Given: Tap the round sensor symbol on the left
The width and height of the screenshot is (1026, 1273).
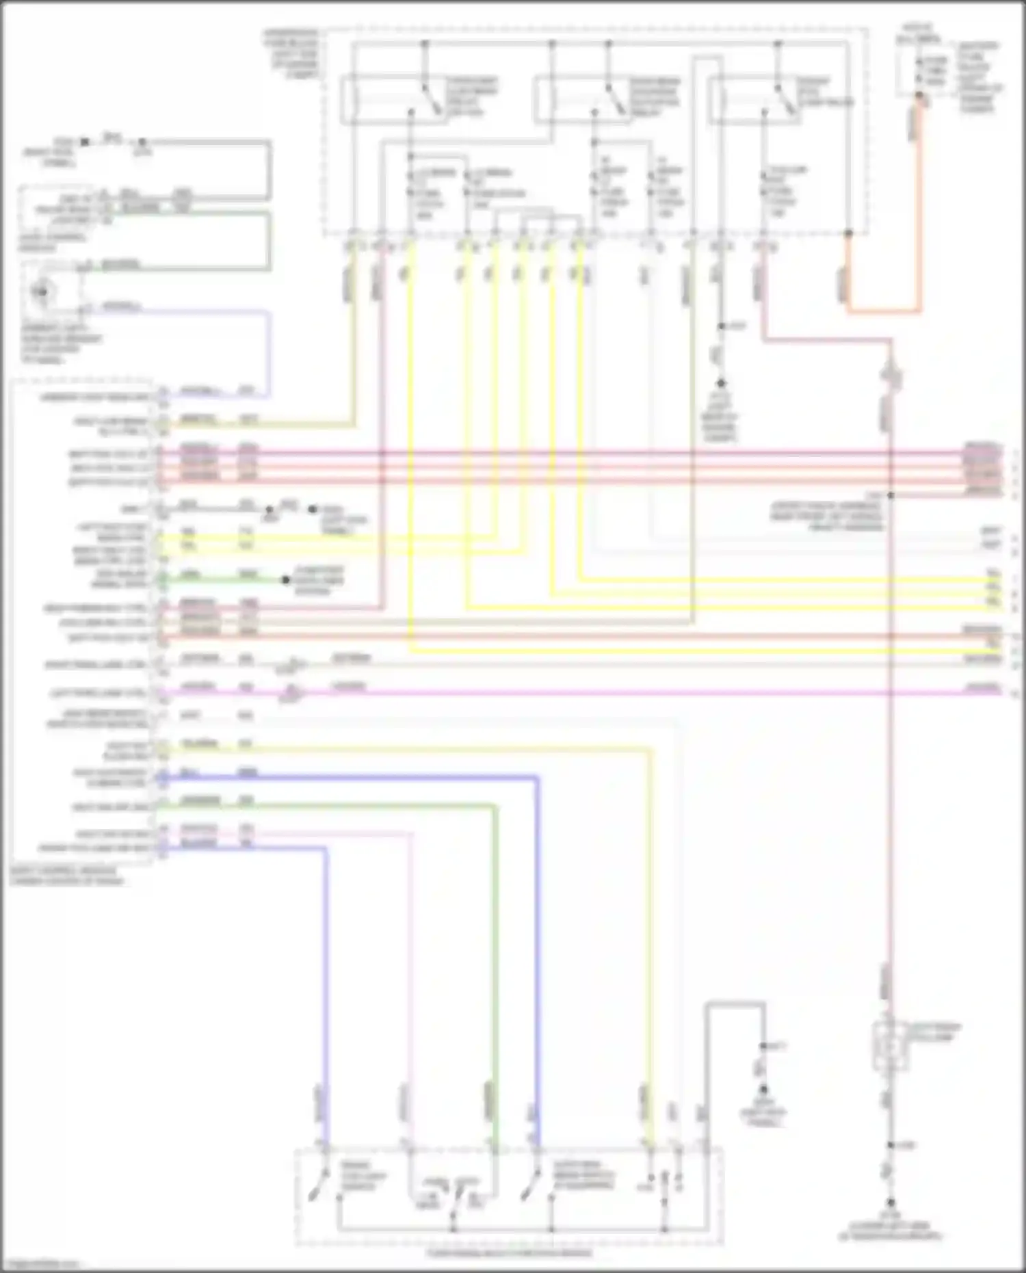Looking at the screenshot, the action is point(42,292).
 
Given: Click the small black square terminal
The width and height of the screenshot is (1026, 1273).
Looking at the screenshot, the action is point(84,142).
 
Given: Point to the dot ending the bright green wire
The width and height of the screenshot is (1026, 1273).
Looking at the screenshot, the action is point(286,581).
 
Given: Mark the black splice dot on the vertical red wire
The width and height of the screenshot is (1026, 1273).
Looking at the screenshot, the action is point(891,495).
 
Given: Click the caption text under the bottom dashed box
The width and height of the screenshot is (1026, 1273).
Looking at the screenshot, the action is point(509,1253).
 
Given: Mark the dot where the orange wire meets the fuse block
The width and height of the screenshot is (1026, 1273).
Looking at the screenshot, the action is point(848,233).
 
